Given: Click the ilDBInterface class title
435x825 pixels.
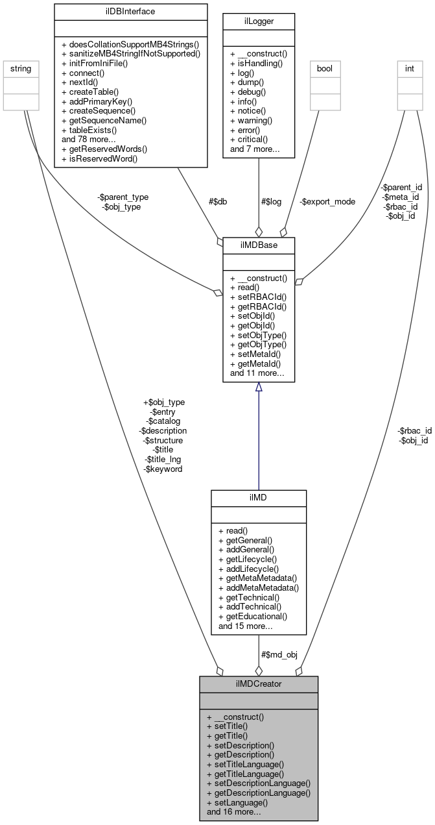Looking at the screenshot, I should point(115,11).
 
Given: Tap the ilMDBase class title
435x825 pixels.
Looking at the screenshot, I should point(259,245).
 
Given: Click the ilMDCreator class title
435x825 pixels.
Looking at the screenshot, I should point(259,683).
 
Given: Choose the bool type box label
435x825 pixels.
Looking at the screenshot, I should point(325,68).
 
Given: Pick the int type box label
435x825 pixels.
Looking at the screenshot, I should point(410,68).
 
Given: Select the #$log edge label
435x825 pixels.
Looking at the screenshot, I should point(271,202).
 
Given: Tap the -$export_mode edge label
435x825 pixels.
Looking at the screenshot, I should point(328,202).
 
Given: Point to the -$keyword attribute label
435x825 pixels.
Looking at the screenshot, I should point(164,469).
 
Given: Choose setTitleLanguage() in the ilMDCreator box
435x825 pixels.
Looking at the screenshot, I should point(245,765).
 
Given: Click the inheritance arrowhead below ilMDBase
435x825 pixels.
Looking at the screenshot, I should point(259,388).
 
